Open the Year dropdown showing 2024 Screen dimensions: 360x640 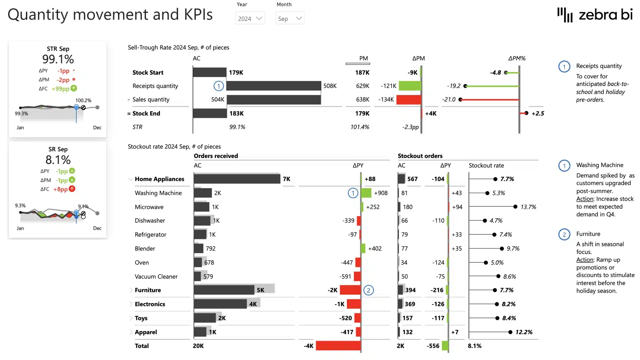250,18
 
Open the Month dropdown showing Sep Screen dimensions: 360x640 290,18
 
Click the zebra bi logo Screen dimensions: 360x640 595,15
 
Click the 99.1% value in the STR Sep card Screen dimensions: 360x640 58,59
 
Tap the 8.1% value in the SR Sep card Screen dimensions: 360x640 58,160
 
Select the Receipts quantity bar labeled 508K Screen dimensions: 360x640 273,86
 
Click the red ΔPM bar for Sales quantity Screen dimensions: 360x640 409,100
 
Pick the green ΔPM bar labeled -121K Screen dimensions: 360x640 410,86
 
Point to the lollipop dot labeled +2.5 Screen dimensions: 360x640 526,113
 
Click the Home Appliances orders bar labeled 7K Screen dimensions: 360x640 237,179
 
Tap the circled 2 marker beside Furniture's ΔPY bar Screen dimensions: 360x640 368,290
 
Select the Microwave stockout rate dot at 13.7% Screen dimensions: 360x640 515,207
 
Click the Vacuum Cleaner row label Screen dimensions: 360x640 156,277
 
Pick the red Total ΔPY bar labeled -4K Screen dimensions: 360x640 338,346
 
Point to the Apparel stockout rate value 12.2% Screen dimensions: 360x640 524,332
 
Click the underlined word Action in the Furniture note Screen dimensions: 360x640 585,260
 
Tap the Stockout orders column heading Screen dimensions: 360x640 420,156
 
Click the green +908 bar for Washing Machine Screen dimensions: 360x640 366,193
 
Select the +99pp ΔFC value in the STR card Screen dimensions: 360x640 60,89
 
